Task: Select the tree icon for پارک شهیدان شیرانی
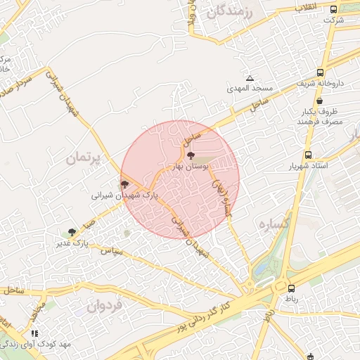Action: click(125, 184)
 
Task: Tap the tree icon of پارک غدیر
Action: click(72, 232)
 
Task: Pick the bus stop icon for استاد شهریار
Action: click(308, 155)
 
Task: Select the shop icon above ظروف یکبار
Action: click(320, 101)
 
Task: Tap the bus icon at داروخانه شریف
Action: click(321, 72)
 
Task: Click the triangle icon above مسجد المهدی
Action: click(249, 78)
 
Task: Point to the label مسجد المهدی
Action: click(249, 89)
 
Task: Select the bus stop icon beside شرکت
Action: click(333, 9)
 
